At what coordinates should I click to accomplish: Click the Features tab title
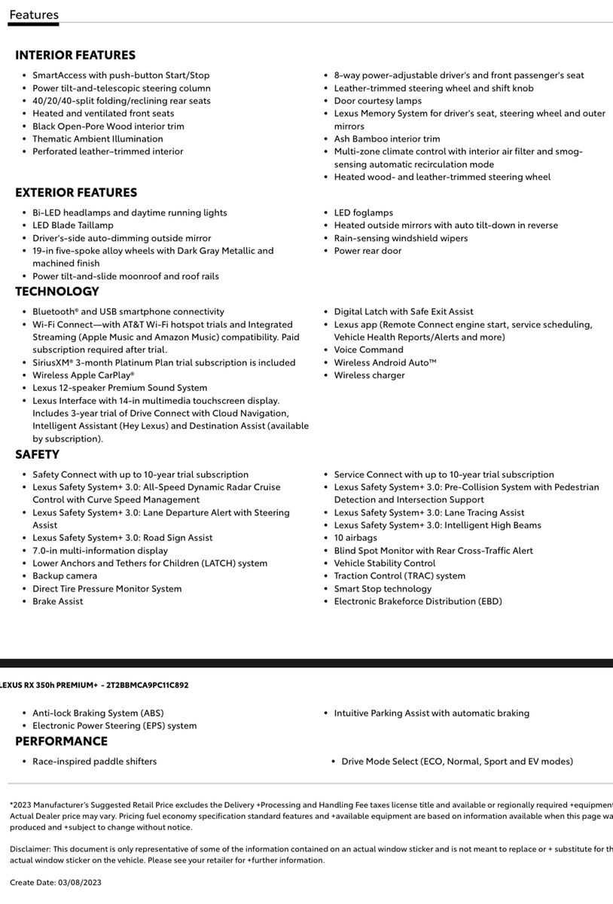pyautogui.click(x=34, y=14)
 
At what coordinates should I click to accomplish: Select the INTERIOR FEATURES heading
pyautogui.click(x=75, y=55)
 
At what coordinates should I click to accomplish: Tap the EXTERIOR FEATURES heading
pyautogui.click(x=76, y=193)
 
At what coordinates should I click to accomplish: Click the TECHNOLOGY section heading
pyautogui.click(x=57, y=292)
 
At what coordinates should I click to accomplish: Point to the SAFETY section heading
pyautogui.click(x=37, y=454)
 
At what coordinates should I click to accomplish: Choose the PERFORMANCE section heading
pyautogui.click(x=62, y=741)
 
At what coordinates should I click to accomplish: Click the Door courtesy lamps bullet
pyautogui.click(x=377, y=101)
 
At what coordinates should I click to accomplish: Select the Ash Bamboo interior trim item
pyautogui.click(x=386, y=139)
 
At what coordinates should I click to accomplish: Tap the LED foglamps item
pyautogui.click(x=363, y=213)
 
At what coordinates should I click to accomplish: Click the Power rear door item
pyautogui.click(x=367, y=251)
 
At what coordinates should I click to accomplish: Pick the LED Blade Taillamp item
pyautogui.click(x=72, y=225)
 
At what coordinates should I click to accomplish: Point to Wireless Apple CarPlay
pyautogui.click(x=83, y=375)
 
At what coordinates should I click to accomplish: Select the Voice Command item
pyautogui.click(x=368, y=350)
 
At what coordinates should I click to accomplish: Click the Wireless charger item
pyautogui.click(x=369, y=375)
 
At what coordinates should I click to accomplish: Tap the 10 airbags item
pyautogui.click(x=355, y=538)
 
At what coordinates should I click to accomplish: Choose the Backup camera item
pyautogui.click(x=64, y=576)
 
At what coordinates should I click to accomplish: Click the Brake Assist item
pyautogui.click(x=57, y=602)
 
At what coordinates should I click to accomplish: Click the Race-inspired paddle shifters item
pyautogui.click(x=94, y=762)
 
